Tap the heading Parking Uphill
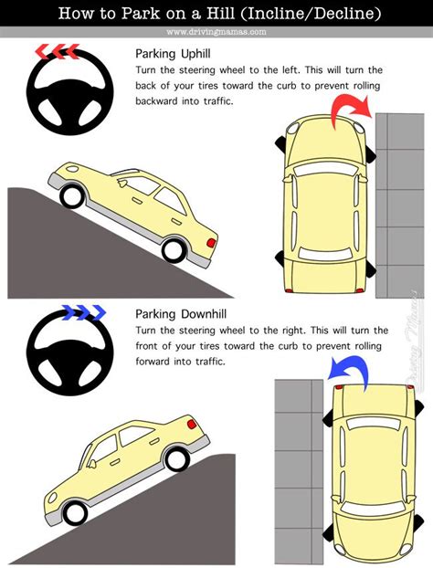(x=173, y=54)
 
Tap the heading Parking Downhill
(x=181, y=314)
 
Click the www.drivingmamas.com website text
(x=216, y=32)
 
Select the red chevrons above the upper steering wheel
(x=58, y=51)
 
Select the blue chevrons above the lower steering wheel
(x=84, y=312)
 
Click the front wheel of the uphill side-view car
(x=72, y=196)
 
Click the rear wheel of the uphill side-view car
(x=174, y=250)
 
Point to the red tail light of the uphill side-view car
(x=211, y=243)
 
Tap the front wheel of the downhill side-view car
(x=76, y=513)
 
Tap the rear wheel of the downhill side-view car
(x=177, y=459)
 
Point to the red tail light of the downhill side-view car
(x=192, y=425)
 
